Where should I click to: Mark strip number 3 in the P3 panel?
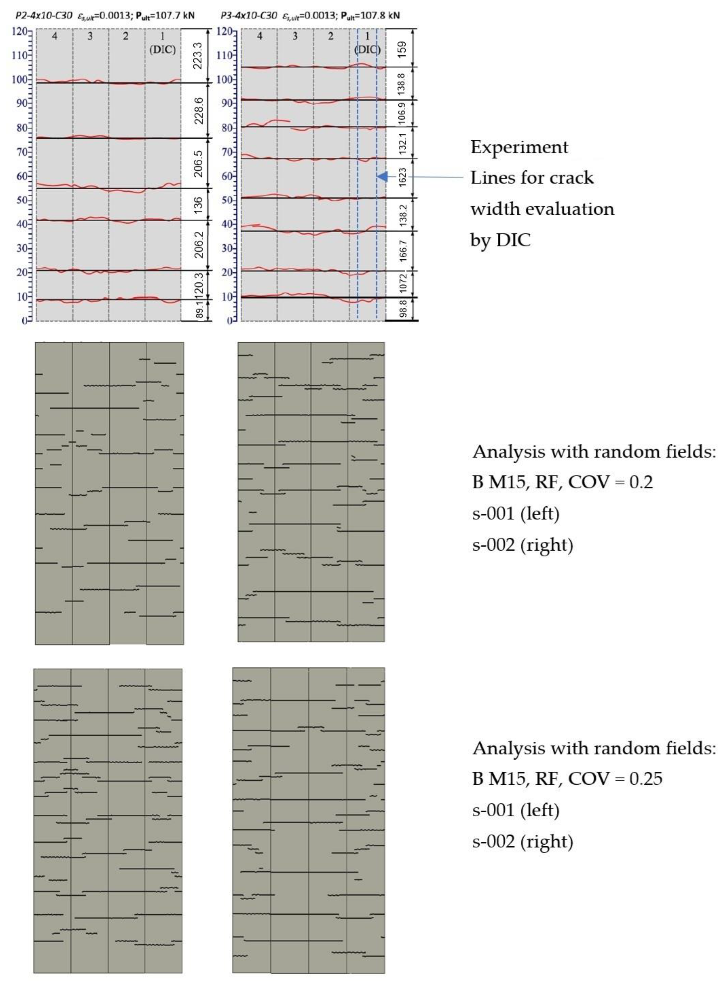coord(295,36)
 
